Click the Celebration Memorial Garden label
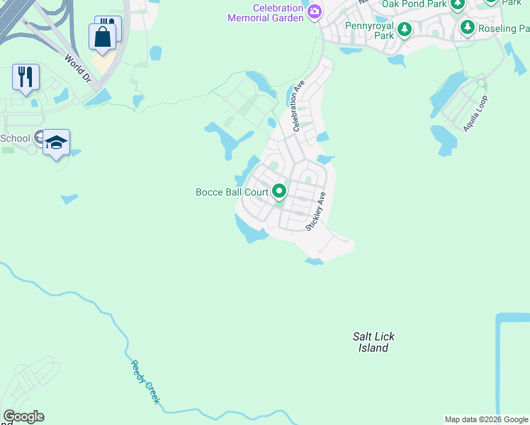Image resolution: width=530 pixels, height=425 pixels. [266, 12]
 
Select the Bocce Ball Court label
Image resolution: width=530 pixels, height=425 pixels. [232, 192]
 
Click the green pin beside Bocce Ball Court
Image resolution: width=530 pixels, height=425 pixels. [279, 191]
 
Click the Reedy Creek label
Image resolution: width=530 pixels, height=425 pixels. [146, 382]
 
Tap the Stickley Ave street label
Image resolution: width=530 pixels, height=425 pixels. [315, 210]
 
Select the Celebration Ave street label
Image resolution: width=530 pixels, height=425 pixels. [298, 106]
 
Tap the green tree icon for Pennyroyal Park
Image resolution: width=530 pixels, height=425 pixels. [404, 30]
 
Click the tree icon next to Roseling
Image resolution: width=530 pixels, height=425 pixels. [467, 28]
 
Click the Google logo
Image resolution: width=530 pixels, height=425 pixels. [23, 416]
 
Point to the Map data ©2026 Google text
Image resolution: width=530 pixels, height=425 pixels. [487, 419]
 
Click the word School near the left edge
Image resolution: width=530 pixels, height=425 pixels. [15, 138]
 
